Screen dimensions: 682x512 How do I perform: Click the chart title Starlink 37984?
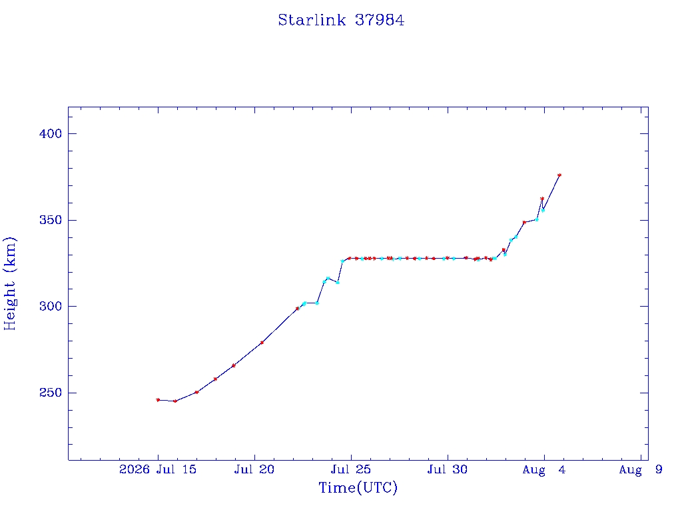[x=341, y=20]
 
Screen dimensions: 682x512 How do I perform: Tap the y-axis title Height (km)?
[x=9, y=284]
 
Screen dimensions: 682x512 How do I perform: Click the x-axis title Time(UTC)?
[x=358, y=487]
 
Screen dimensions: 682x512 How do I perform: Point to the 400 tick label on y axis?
[x=51, y=133]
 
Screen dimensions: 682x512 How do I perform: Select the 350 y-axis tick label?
[x=51, y=220]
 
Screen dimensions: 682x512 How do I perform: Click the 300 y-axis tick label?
[x=51, y=306]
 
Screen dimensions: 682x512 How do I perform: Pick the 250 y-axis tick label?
[x=51, y=392]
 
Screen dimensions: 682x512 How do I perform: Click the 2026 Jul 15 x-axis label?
[x=158, y=469]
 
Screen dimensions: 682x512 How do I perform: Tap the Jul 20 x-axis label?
[x=254, y=469]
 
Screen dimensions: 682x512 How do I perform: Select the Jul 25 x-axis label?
[x=351, y=469]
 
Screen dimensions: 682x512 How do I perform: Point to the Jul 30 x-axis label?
[x=448, y=469]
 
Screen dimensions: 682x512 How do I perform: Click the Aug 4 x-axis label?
[x=544, y=470]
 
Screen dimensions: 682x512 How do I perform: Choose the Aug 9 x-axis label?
[x=641, y=470]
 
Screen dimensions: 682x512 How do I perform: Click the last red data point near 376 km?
[x=559, y=175]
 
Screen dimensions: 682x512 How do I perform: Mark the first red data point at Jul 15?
[x=158, y=400]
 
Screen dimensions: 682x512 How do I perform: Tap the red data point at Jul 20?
[x=262, y=343]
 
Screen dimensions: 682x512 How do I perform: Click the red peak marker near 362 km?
[x=542, y=199]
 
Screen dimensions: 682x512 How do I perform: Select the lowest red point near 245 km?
[x=175, y=401]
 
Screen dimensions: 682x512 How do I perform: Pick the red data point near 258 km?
[x=215, y=379]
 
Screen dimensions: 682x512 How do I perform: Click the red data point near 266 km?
[x=234, y=366]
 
